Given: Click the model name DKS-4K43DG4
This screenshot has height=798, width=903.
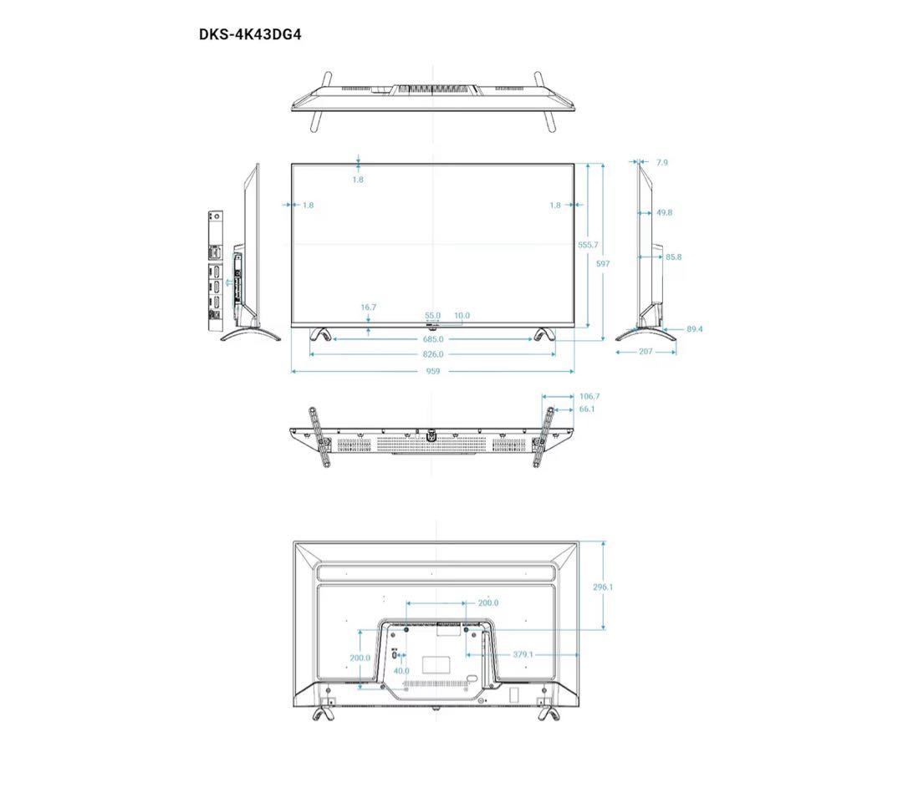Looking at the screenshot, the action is (x=250, y=34).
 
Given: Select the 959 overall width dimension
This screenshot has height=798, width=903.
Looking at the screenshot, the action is (x=433, y=372).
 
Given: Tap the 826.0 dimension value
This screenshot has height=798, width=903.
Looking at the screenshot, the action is (x=433, y=354).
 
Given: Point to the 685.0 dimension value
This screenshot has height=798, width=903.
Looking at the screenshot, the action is (x=433, y=339).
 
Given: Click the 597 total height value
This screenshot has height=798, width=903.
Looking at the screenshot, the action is (x=603, y=263).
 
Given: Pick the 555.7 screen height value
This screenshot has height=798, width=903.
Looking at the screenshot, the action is (x=588, y=245).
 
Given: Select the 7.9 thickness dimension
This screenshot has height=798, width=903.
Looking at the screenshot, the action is (x=662, y=163).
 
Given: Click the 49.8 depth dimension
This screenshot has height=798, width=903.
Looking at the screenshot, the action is (x=664, y=212).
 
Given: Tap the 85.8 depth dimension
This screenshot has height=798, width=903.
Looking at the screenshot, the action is (x=673, y=257).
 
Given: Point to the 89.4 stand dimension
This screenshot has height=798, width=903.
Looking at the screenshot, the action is (x=695, y=329).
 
